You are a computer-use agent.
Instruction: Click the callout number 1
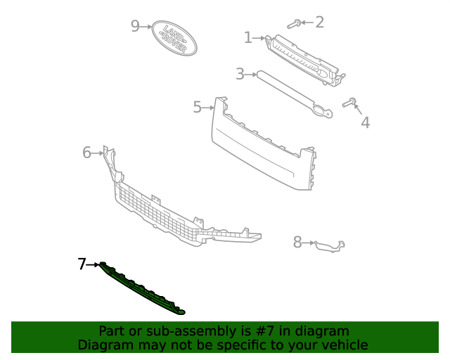coord(247,37)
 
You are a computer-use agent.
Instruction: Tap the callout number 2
coord(319,22)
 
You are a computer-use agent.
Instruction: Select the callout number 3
coord(240,73)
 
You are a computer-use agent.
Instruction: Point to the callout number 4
coord(365,123)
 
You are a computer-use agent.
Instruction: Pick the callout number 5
coord(198,107)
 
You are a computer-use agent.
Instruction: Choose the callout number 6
coord(87,152)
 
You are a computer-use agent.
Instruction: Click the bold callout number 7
coord(82,264)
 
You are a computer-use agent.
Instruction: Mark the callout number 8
coord(297,243)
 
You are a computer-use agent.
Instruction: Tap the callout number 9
coord(136,27)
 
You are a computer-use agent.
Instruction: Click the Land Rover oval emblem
coord(174,38)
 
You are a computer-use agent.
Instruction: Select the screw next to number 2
coord(295,23)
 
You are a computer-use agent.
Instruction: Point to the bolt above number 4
coord(349,103)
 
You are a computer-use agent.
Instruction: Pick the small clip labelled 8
coord(329,245)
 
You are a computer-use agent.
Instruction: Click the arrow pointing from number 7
coord(93,264)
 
